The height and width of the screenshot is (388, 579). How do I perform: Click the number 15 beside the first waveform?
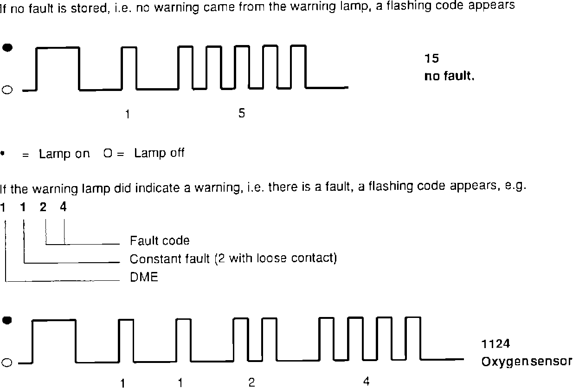pyautogui.click(x=431, y=58)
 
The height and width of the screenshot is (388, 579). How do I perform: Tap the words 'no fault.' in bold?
pyautogui.click(x=449, y=76)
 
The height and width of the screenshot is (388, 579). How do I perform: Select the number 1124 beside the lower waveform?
pyautogui.click(x=495, y=344)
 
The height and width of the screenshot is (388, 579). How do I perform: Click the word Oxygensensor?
pyautogui.click(x=527, y=362)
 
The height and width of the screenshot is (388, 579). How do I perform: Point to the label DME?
pyautogui.click(x=144, y=278)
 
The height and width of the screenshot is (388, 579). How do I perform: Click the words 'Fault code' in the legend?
pyautogui.click(x=160, y=241)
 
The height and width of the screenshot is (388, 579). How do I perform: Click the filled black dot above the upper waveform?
pyautogui.click(x=7, y=47)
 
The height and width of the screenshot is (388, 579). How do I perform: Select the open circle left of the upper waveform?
pyautogui.click(x=7, y=90)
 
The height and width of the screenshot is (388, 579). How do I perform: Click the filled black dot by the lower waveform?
pyautogui.click(x=7, y=320)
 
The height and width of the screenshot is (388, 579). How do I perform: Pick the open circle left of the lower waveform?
pyautogui.click(x=7, y=363)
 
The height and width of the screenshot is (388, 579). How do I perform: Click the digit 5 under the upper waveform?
pyautogui.click(x=241, y=113)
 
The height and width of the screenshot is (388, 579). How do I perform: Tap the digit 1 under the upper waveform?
pyautogui.click(x=128, y=115)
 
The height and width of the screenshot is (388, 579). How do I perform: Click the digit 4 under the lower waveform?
pyautogui.click(x=366, y=382)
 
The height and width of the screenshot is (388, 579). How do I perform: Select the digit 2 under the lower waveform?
pyautogui.click(x=251, y=382)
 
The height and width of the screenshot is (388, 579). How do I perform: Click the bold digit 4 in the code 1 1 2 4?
pyautogui.click(x=63, y=207)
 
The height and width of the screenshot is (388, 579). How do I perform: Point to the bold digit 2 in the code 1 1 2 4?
pyautogui.click(x=43, y=207)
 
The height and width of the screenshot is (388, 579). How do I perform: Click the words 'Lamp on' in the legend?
pyautogui.click(x=64, y=154)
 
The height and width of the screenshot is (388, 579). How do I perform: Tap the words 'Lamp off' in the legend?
pyautogui.click(x=159, y=153)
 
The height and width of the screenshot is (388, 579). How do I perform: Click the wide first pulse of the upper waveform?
pyautogui.click(x=58, y=48)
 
